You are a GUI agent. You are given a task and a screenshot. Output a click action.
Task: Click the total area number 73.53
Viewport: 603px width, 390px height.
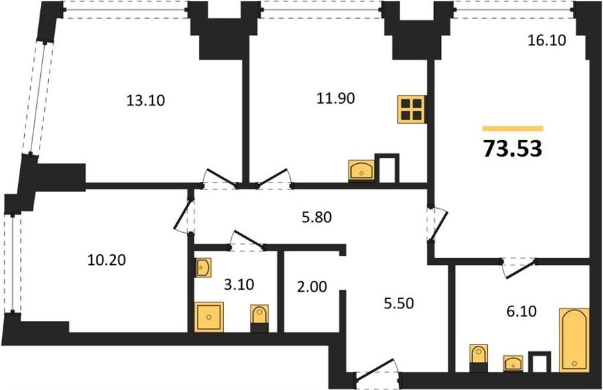click(x=513, y=149)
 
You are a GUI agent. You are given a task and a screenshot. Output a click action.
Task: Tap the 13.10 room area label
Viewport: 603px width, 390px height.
click(x=145, y=100)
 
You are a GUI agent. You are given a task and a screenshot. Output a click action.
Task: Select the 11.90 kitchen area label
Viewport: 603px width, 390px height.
click(x=336, y=98)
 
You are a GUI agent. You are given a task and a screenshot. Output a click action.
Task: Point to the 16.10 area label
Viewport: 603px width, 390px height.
click(x=547, y=40)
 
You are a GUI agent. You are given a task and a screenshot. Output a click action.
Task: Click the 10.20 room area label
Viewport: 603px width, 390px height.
click(x=107, y=261)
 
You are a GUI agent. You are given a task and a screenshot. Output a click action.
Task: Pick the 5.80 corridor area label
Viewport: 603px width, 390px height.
click(x=316, y=217)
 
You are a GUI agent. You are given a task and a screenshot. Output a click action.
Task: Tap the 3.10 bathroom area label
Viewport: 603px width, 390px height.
click(x=239, y=285)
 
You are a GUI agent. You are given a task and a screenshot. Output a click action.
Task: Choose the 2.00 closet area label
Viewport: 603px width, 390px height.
click(x=312, y=286)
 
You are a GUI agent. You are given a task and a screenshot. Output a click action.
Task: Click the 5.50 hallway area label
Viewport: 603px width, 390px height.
click(x=399, y=303)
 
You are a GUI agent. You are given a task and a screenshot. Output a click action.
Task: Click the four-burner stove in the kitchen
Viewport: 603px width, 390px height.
click(x=412, y=110)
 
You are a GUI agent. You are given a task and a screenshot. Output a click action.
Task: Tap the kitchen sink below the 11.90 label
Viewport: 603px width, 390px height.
click(x=361, y=171)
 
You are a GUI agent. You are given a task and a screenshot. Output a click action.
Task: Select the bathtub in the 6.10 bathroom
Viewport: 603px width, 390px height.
click(x=574, y=340)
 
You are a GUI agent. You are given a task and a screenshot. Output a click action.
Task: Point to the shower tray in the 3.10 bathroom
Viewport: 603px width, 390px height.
click(x=209, y=317)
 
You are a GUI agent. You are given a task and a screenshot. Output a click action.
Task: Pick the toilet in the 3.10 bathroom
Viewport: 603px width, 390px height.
click(x=259, y=318)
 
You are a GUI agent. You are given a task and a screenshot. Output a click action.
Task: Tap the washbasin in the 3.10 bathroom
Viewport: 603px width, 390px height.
click(x=203, y=268)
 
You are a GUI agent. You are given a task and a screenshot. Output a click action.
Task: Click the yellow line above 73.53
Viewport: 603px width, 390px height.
click(x=513, y=128)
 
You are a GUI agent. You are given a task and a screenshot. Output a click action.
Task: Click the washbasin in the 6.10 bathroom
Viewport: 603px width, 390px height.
click(x=513, y=363)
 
